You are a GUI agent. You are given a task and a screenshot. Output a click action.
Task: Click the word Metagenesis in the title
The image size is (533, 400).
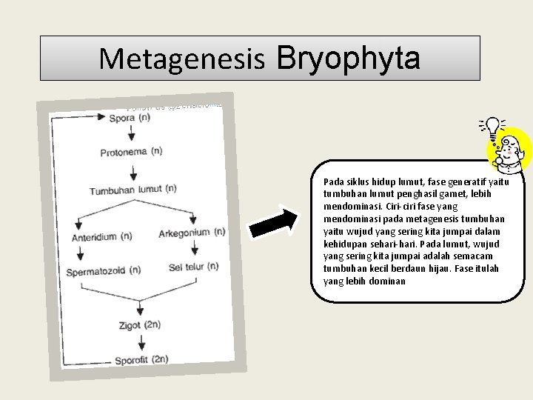pyautogui.click(x=181, y=59)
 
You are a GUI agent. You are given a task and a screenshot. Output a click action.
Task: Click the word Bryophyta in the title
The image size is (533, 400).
pyautogui.click(x=349, y=57)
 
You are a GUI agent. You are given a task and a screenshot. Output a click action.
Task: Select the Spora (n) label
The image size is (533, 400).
pyautogui.click(x=130, y=119)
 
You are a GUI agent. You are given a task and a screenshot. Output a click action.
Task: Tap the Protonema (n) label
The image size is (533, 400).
pyautogui.click(x=131, y=153)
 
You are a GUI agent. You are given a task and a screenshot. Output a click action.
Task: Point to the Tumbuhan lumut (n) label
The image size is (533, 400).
pyautogui.click(x=133, y=190)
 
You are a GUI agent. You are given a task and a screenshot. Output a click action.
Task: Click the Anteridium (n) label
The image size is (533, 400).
pyautogui.click(x=102, y=237)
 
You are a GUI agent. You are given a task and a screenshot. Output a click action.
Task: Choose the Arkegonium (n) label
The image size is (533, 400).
pyautogui.click(x=192, y=233)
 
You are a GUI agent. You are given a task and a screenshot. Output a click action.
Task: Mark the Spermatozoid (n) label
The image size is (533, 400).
pyautogui.click(x=103, y=271)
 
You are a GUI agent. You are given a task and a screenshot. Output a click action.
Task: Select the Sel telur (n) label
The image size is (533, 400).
pyautogui.click(x=193, y=267)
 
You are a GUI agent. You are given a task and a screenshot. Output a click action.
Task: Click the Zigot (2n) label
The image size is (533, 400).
pyautogui.click(x=140, y=325)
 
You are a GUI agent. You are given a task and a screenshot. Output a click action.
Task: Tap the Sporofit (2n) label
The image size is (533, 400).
pyautogui.click(x=141, y=360)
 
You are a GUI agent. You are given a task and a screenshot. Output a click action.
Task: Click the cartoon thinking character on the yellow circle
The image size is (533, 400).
pyautogui.click(x=510, y=151)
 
